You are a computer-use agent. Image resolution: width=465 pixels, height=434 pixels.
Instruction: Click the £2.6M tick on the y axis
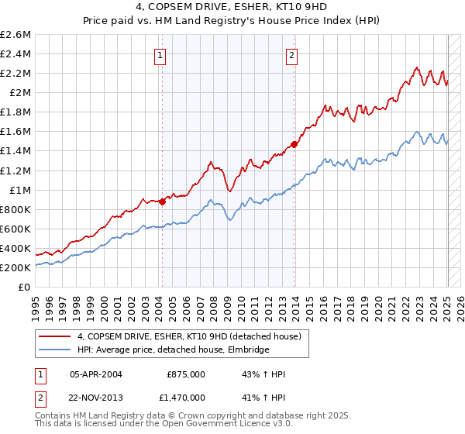point(16,35)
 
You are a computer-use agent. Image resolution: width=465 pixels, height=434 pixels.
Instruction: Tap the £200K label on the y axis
point(15,267)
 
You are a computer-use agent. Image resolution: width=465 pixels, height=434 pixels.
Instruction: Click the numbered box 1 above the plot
point(160,55)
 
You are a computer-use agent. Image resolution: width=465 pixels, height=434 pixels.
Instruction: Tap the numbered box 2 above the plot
point(291,55)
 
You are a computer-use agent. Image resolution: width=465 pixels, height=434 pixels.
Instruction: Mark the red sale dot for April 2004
point(162,201)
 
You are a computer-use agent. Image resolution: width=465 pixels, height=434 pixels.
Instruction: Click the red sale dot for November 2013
point(294,143)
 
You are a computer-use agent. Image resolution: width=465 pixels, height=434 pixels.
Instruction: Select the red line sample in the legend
point(55,336)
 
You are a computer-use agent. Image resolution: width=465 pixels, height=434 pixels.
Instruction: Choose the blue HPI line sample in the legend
point(55,350)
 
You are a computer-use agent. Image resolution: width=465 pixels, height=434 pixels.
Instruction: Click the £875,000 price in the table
point(186,375)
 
